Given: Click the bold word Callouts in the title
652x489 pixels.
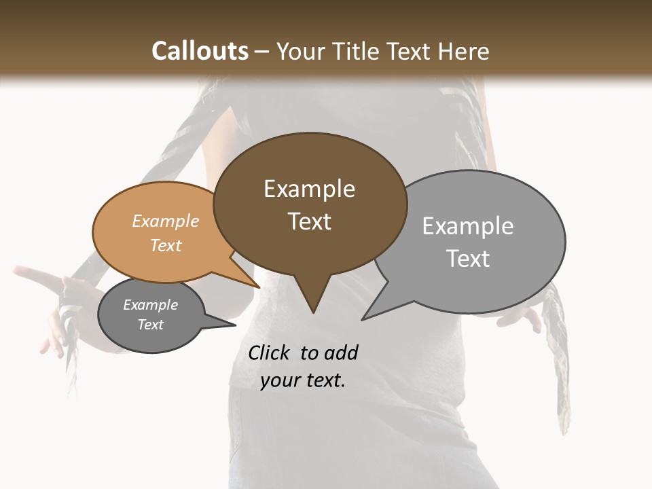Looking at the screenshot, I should (x=200, y=51).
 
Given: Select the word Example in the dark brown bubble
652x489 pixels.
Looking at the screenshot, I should (x=309, y=189).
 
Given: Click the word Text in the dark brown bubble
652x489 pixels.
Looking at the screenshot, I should (x=309, y=221).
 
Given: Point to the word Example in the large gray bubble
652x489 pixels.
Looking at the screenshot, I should (x=467, y=226).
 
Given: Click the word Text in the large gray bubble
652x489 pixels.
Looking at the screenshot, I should (x=467, y=259).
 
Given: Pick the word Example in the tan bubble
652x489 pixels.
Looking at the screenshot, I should (x=165, y=221).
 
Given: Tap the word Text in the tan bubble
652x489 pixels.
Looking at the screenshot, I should (x=165, y=245).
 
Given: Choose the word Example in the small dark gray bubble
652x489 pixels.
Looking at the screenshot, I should (x=150, y=305).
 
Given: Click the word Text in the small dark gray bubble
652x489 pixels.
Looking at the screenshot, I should (x=150, y=325).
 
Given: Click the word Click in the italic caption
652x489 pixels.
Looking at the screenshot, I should (x=270, y=352).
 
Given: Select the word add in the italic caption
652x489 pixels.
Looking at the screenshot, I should (x=341, y=352).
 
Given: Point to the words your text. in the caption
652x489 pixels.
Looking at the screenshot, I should (x=303, y=380).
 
